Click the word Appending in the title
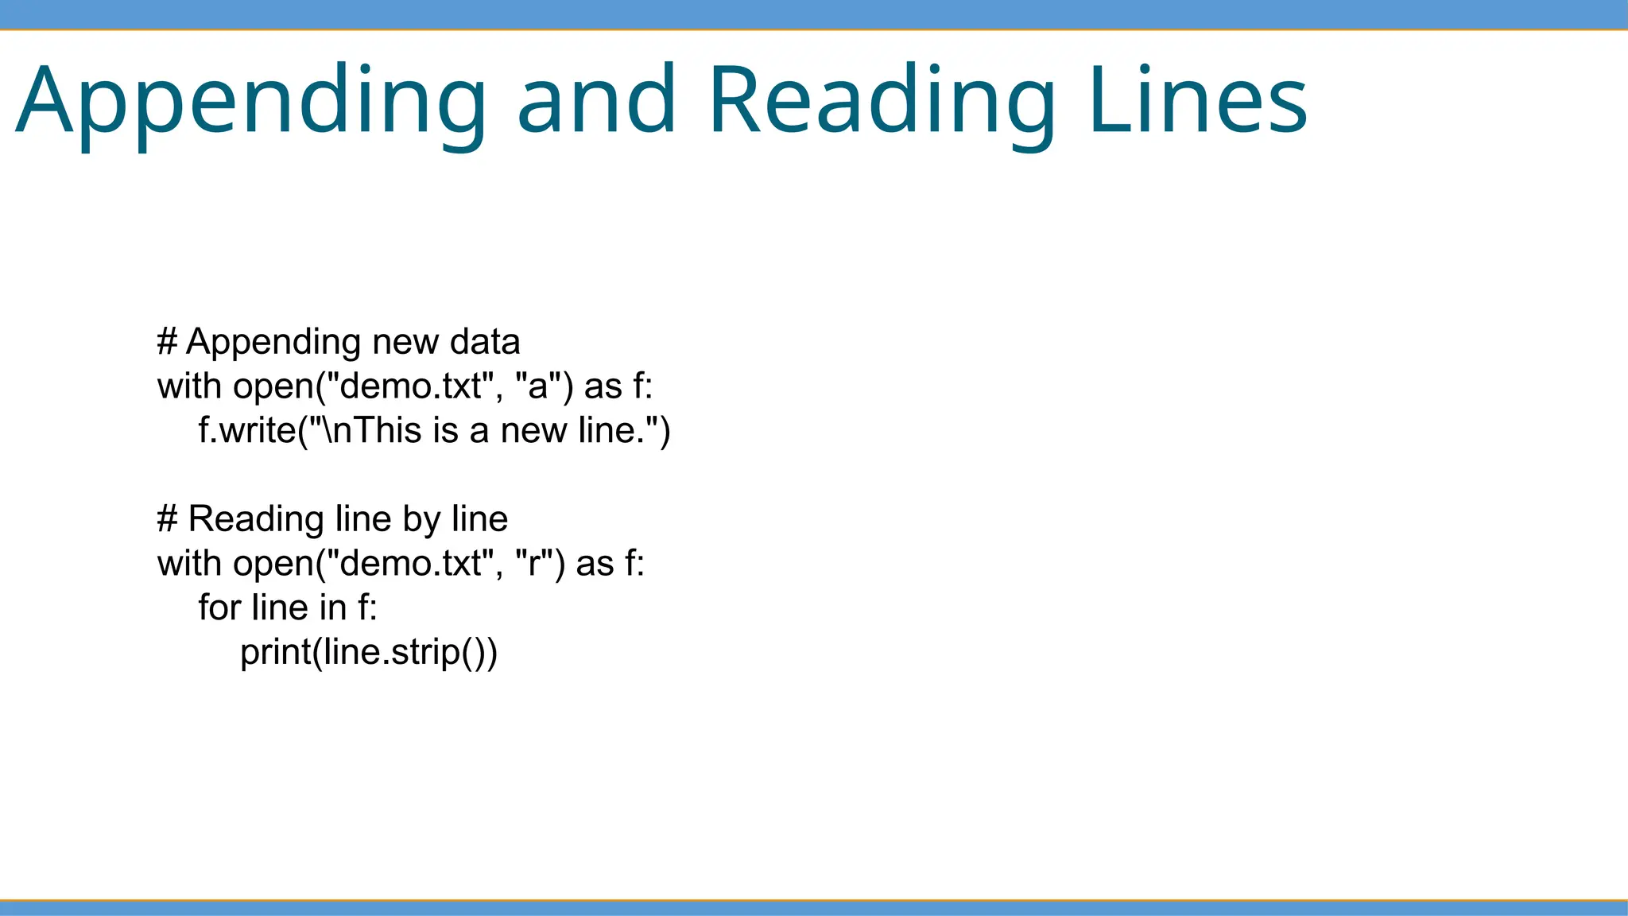coord(250,102)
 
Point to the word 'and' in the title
coord(596,100)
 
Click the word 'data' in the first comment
coord(484,342)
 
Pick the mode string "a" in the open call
coord(539,386)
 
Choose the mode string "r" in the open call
coord(533,564)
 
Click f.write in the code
coord(246,430)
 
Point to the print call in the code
coord(275,653)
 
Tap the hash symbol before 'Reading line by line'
coord(167,519)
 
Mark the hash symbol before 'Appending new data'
coord(167,342)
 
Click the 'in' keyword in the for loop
coord(332,607)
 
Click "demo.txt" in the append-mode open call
coord(410,386)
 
